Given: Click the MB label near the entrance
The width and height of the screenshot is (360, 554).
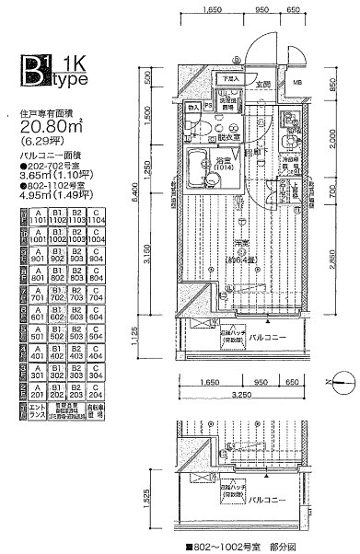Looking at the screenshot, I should pos(297,90).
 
